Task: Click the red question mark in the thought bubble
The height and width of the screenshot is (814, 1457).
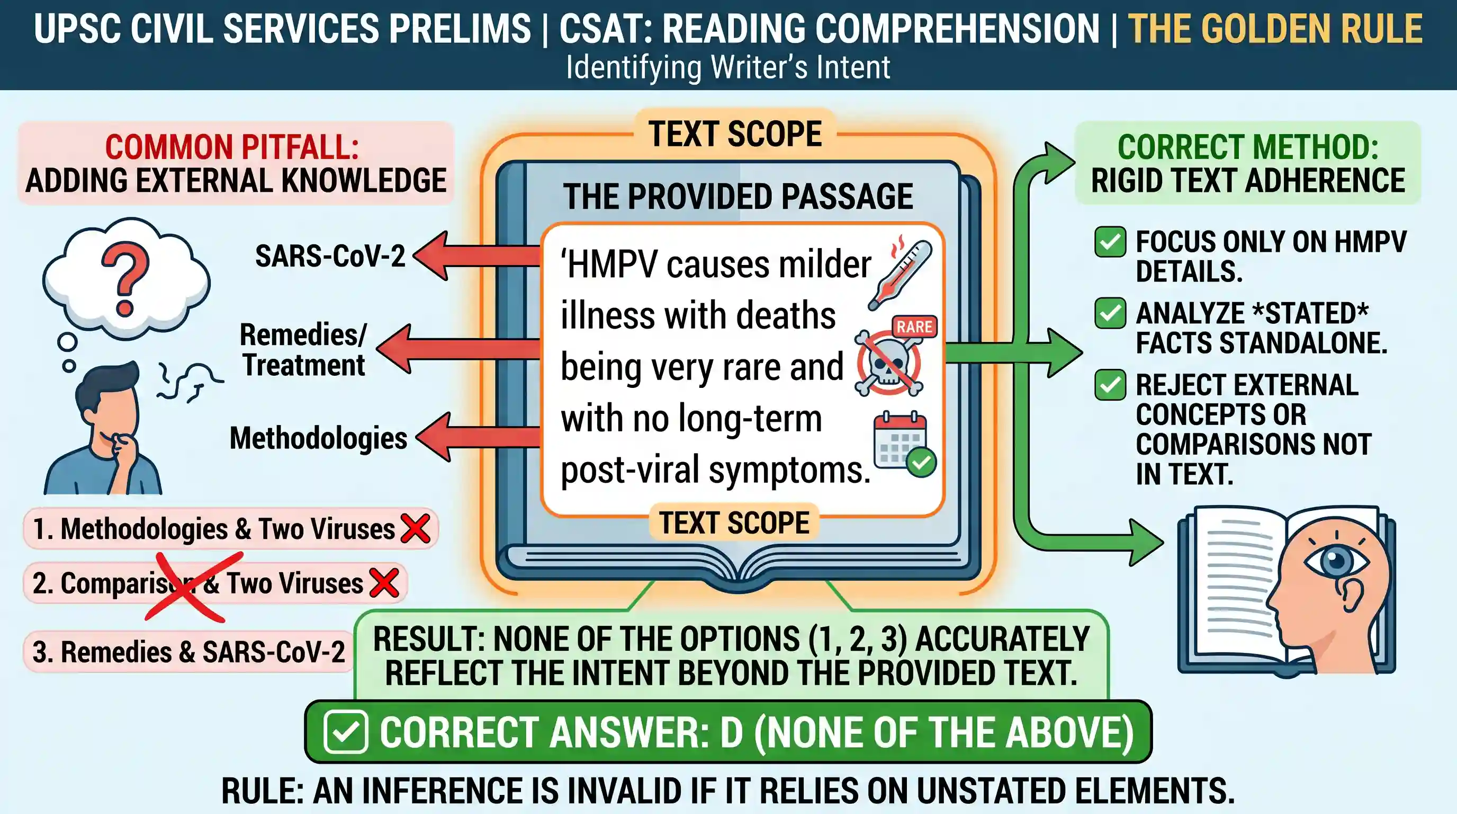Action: [x=125, y=281]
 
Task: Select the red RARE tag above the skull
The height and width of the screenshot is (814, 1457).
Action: [x=914, y=326]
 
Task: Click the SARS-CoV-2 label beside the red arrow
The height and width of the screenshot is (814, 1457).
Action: [x=330, y=256]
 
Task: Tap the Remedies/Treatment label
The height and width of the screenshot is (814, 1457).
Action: [x=304, y=350]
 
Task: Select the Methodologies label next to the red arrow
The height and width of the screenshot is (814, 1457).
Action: [x=318, y=438]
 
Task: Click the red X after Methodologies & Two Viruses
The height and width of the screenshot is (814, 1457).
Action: [x=416, y=528]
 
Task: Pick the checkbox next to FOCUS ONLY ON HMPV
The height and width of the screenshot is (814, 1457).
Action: [x=1110, y=242]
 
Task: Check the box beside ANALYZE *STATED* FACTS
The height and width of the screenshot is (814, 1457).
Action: [x=1110, y=313]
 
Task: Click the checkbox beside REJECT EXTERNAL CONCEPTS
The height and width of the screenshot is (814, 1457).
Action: [x=1110, y=385]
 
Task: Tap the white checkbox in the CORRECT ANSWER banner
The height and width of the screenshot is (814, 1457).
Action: [x=346, y=732]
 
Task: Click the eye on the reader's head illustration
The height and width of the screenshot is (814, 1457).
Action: [x=1336, y=562]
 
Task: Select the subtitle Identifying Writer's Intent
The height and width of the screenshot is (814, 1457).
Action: [x=728, y=67]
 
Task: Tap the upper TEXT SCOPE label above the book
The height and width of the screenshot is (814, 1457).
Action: [x=735, y=134]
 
